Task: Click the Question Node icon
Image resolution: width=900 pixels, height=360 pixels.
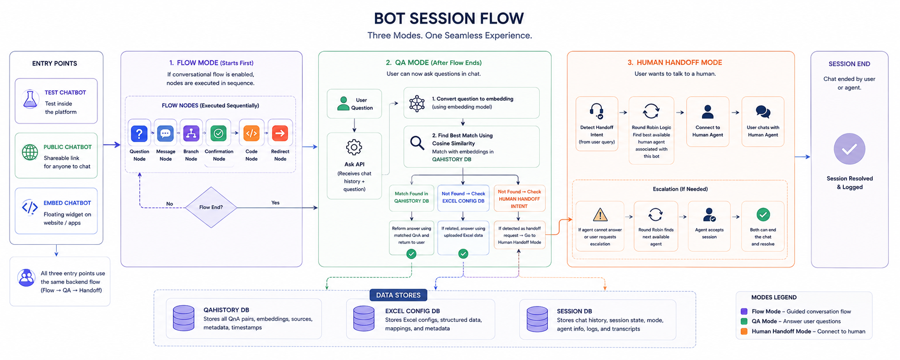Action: (x=139, y=133)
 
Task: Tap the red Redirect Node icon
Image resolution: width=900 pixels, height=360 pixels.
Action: (x=280, y=133)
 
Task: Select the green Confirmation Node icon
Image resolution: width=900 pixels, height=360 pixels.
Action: (x=219, y=133)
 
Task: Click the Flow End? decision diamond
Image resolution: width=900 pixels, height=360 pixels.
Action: (x=211, y=207)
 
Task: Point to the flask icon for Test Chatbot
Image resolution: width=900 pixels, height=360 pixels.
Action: (x=30, y=99)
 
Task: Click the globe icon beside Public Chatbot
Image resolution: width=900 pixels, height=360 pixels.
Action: (x=30, y=152)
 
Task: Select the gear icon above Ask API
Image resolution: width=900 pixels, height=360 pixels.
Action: (x=354, y=147)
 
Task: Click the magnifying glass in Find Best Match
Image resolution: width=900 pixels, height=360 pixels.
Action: (x=417, y=143)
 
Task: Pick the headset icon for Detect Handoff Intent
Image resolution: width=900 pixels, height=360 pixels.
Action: (x=596, y=111)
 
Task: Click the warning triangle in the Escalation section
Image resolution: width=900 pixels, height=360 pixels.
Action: (x=600, y=214)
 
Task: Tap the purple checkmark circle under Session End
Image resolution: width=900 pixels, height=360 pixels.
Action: (x=849, y=149)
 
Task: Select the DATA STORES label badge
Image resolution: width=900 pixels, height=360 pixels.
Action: (x=398, y=295)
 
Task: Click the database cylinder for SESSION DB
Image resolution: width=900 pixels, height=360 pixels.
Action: (x=537, y=319)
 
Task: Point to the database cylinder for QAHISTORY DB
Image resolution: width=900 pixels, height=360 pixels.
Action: (x=183, y=318)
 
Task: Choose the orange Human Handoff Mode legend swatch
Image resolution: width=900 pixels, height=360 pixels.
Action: (x=744, y=331)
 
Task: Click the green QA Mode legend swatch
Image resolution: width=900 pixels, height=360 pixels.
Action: (x=744, y=321)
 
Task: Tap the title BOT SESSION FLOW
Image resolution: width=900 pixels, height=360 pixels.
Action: (x=449, y=19)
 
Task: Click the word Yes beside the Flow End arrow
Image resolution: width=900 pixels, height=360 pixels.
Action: (x=275, y=202)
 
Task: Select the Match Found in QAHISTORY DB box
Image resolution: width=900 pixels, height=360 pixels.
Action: (x=411, y=197)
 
